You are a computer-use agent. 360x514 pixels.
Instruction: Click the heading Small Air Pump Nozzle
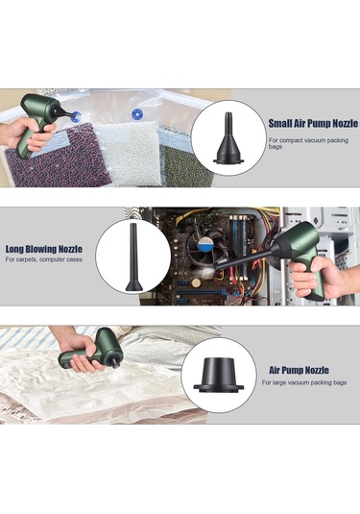click(313, 124)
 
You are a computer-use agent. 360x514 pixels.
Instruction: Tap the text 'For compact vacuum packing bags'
click(308, 143)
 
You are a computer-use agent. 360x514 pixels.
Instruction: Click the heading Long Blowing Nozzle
click(44, 249)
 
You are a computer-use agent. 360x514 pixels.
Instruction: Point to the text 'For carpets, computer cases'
click(44, 259)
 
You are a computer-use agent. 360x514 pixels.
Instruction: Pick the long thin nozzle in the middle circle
click(134, 257)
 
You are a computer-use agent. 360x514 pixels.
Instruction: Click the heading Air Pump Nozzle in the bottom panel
click(299, 370)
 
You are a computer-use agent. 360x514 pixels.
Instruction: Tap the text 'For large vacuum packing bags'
click(304, 382)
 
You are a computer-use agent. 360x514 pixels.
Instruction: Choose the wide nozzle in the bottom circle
click(219, 375)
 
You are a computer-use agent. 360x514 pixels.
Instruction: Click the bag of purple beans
click(59, 158)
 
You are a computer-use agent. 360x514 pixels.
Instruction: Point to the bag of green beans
click(186, 165)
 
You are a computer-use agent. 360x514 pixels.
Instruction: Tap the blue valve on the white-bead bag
click(137, 114)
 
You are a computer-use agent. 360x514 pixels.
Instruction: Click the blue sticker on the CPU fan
click(205, 244)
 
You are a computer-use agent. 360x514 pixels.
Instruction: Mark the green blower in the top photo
click(39, 121)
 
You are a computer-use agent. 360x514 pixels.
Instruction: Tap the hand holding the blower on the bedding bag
click(79, 353)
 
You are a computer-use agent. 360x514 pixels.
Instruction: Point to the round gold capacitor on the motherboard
click(196, 283)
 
